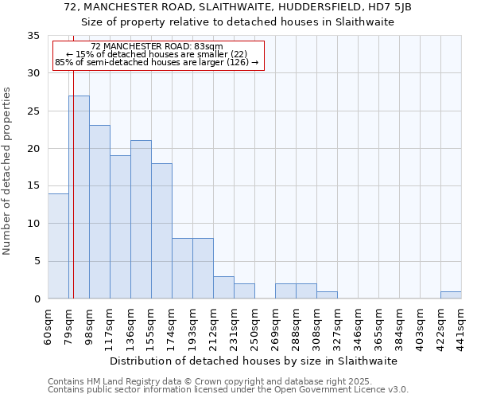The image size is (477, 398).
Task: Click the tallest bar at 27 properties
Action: click(x=79, y=197)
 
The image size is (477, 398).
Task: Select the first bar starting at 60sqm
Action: click(x=58, y=246)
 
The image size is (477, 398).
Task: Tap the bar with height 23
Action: click(x=99, y=212)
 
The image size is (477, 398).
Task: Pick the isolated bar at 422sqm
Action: click(x=451, y=295)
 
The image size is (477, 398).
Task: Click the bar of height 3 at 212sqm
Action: click(x=223, y=287)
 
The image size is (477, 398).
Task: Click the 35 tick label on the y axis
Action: click(x=33, y=36)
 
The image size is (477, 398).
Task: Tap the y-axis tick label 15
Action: click(x=33, y=186)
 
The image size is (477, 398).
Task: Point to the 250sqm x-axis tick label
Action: click(x=256, y=326)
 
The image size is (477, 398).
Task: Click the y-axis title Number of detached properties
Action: click(x=8, y=171)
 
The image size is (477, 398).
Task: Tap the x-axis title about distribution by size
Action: click(x=253, y=361)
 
